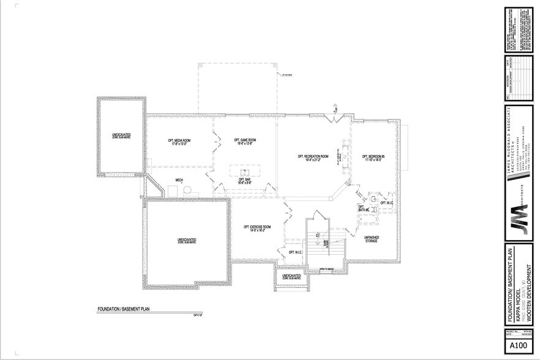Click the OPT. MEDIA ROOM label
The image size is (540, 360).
click(x=179, y=141)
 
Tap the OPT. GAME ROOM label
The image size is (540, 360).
click(x=244, y=141)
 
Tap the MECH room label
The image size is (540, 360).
click(x=179, y=180)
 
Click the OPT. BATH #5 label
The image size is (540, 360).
click(x=362, y=208)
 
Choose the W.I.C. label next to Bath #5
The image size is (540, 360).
click(x=386, y=203)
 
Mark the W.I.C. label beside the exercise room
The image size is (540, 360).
click(x=294, y=252)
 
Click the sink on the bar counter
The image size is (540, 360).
click(x=243, y=171)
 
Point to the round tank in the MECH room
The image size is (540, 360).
click(x=187, y=190)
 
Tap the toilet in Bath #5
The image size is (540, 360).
click(x=372, y=200)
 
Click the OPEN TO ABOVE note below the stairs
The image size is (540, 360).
click(x=328, y=269)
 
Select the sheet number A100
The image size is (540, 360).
click(x=518, y=346)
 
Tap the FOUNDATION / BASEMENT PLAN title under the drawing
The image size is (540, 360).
click(x=124, y=309)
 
